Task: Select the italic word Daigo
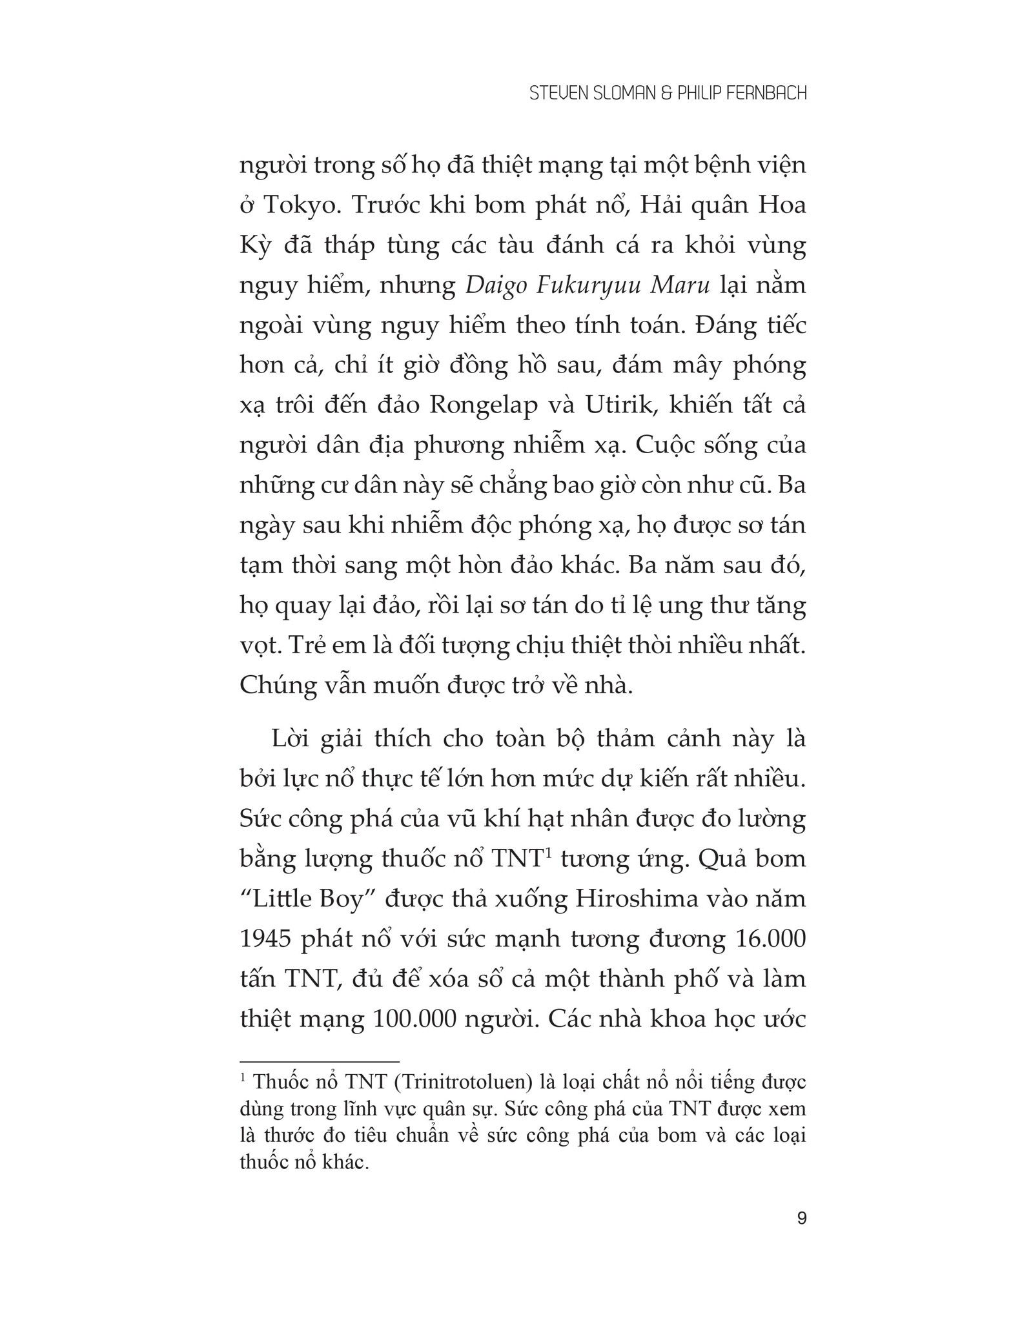coord(496,286)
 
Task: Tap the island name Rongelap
coord(483,407)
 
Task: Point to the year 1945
coord(265,939)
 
